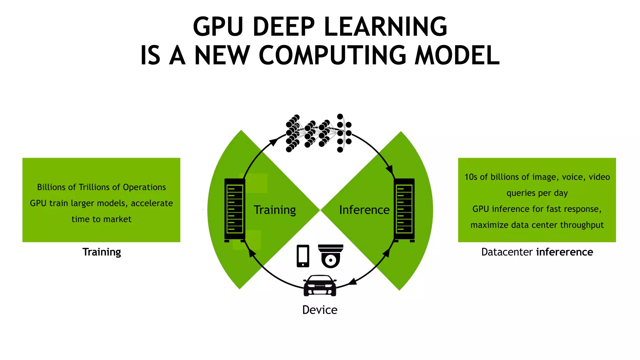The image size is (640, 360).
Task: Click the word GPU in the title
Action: [x=218, y=27]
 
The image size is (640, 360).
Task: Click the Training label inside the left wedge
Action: [x=274, y=210]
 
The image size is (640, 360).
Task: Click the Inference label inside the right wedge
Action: [x=364, y=210]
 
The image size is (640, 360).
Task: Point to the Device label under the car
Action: [x=320, y=310]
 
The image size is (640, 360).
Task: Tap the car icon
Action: [x=320, y=285]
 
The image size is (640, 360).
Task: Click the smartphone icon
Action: [x=303, y=256]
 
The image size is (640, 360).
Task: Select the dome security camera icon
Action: [x=331, y=256]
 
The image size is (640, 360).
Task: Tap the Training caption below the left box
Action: [x=102, y=252]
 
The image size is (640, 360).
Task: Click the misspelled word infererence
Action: [x=564, y=252]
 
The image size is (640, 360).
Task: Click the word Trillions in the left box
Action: [x=94, y=187]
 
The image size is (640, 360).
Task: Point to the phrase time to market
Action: [x=101, y=219]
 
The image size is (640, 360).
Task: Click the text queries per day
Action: [x=537, y=193]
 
